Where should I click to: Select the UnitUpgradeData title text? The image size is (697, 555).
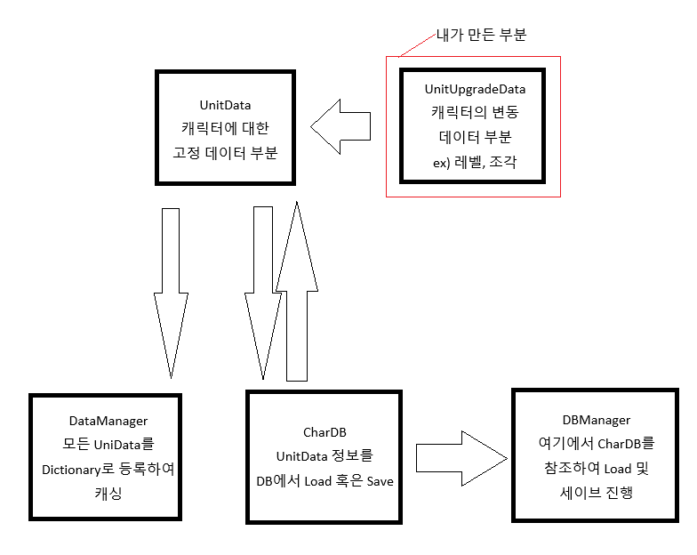point(474,89)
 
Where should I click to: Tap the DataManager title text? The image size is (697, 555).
point(108,420)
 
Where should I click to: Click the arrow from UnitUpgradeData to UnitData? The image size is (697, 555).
point(340,125)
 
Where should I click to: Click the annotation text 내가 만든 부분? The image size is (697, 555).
point(482,36)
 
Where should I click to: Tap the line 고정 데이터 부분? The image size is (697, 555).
point(225,153)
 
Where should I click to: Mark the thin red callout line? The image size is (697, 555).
point(414,47)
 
